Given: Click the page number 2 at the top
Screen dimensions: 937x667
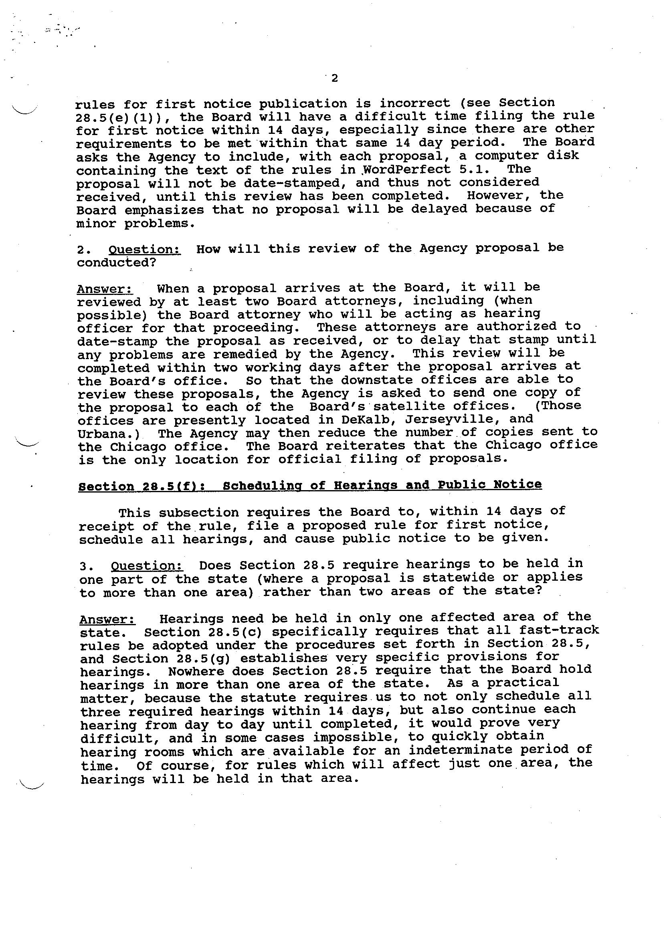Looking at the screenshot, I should pos(334,78).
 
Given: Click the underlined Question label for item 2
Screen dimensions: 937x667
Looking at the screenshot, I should pos(144,250).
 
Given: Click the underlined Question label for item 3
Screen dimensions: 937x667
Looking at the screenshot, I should pos(147,566).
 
